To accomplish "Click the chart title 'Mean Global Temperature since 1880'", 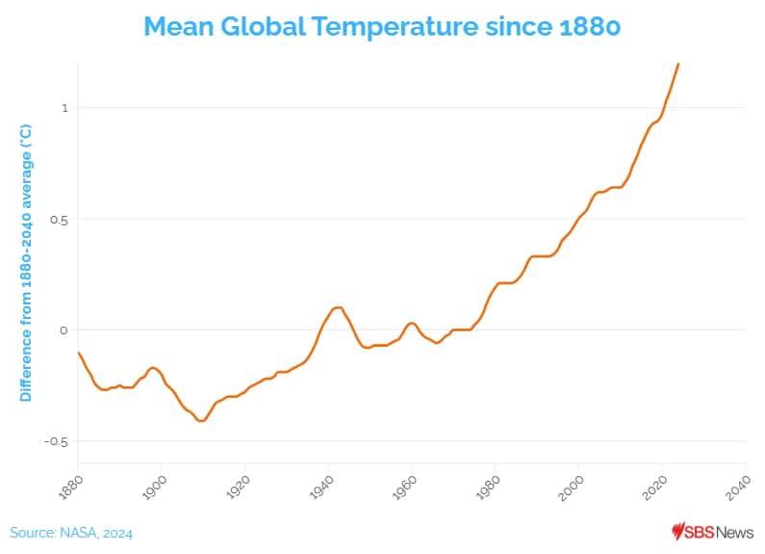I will [x=382, y=26].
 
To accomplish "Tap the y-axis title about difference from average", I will [x=26, y=262].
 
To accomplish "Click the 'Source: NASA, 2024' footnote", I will [x=71, y=533].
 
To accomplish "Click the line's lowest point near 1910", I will [x=201, y=420].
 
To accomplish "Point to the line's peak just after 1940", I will [x=338, y=307].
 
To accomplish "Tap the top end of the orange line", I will [x=678, y=65].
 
